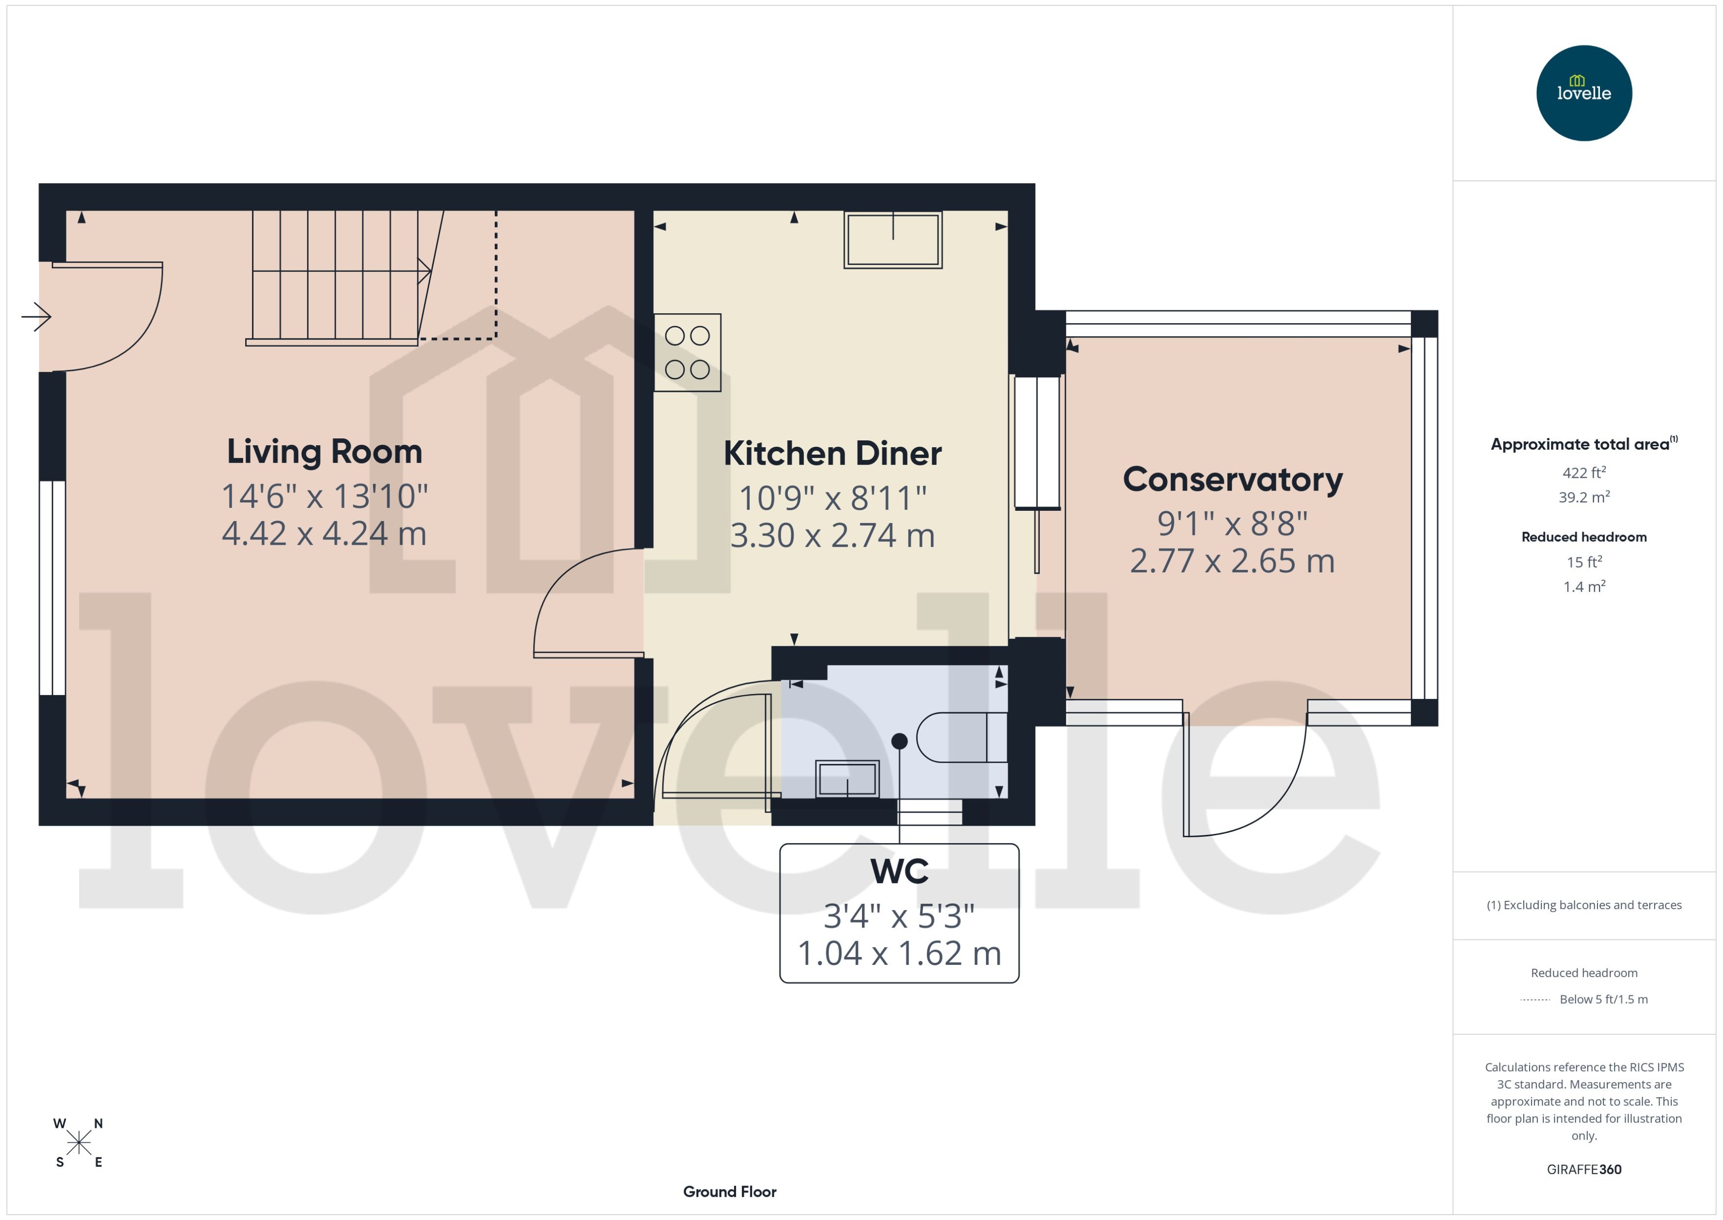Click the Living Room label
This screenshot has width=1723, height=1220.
click(324, 452)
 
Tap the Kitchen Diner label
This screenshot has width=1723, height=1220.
click(832, 454)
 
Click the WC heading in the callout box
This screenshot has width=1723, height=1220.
click(898, 871)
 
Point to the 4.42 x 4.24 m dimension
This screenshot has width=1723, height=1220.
click(324, 534)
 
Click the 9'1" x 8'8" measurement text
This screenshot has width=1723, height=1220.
click(1232, 524)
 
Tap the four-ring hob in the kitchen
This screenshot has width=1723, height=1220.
click(687, 352)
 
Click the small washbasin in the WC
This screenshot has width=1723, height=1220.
click(847, 779)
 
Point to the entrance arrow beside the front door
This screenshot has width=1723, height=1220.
click(35, 316)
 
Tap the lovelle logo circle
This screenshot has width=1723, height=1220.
click(1583, 93)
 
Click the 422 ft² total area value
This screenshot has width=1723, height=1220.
click(1583, 472)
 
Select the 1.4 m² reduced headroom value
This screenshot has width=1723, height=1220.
click(1583, 587)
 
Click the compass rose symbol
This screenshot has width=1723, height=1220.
click(78, 1143)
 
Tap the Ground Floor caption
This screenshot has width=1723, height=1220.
click(729, 1191)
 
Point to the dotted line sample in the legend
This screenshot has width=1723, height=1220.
click(1534, 1000)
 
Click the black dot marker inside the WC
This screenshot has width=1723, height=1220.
click(898, 741)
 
